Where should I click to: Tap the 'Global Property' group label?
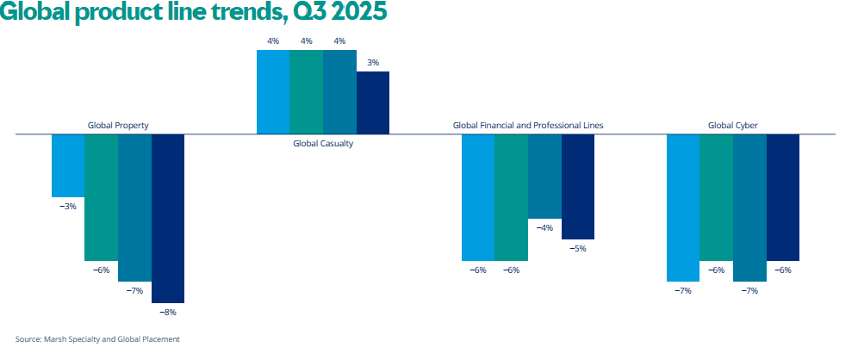pyautogui.click(x=118, y=126)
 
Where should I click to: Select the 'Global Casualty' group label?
pyautogui.click(x=323, y=144)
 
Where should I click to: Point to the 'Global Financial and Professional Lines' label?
pyautogui.click(x=528, y=126)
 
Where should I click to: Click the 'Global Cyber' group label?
pyautogui.click(x=733, y=126)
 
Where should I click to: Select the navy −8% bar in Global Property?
pyautogui.click(x=168, y=219)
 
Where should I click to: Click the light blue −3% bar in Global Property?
pyautogui.click(x=68, y=166)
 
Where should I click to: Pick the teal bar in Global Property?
pyautogui.click(x=101, y=197)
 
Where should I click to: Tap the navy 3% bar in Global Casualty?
pyautogui.click(x=373, y=102)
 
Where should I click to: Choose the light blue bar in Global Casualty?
pyautogui.click(x=273, y=92)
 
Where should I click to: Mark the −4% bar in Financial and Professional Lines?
pyautogui.click(x=544, y=177)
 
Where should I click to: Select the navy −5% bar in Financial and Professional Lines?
pyautogui.click(x=578, y=187)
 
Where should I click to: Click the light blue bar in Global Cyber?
pyautogui.click(x=683, y=208)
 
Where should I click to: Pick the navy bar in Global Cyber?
pyautogui.click(x=783, y=197)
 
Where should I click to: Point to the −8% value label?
pyautogui.click(x=168, y=313)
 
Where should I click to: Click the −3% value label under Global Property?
pyautogui.click(x=68, y=207)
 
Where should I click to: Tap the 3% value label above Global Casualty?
pyautogui.click(x=373, y=62)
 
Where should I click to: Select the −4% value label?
pyautogui.click(x=544, y=228)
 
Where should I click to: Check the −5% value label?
pyautogui.click(x=578, y=249)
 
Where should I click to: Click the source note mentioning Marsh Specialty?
pyautogui.click(x=97, y=339)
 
